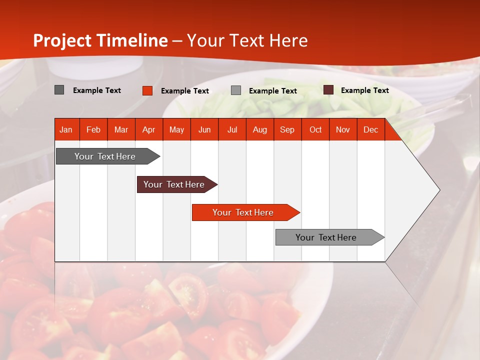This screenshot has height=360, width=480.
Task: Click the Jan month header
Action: coord(66,129)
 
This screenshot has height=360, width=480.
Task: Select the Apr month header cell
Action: coord(149,129)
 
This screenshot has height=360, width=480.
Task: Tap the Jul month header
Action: coord(232,129)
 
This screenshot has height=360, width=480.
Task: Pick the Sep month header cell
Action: coord(287,129)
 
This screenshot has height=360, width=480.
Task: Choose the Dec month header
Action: coord(370,129)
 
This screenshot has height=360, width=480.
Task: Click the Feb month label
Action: coord(93,129)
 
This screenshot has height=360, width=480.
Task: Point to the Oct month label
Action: coord(315,129)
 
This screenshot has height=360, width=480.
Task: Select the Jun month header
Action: coord(204,129)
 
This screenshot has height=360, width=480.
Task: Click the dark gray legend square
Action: coord(59,90)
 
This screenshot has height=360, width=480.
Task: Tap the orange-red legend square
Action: coord(147,90)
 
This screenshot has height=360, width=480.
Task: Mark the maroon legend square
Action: coord(328,90)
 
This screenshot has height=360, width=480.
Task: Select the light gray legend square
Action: coord(236,90)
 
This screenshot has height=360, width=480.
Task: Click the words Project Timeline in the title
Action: coord(100,40)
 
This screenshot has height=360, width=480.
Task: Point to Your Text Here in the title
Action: coord(247,40)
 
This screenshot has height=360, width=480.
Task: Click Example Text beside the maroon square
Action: coord(364,90)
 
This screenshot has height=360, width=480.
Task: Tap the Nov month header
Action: coord(343,129)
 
